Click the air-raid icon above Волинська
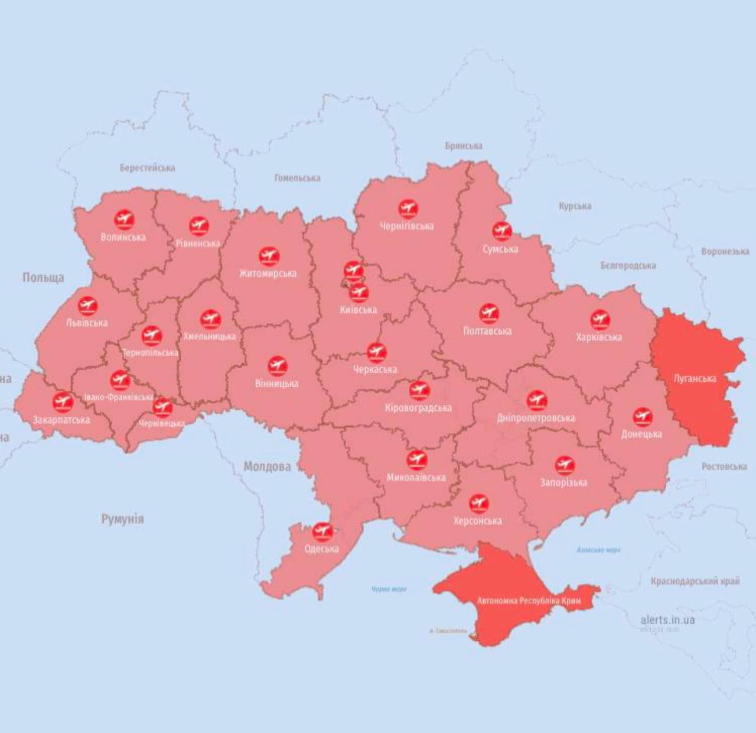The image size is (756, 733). tap(124, 220)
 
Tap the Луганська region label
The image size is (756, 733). tap(695, 378)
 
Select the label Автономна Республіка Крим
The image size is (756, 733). tap(529, 601)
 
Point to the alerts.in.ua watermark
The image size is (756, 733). tap(667, 620)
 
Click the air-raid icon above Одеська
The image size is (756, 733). tap(322, 531)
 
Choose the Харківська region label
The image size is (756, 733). tap(599, 337)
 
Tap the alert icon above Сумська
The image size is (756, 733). tap(501, 231)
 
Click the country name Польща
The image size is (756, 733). tap(43, 277)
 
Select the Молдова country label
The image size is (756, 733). tap(267, 466)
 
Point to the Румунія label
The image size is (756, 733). tap(122, 519)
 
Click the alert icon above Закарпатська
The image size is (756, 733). tap(62, 402)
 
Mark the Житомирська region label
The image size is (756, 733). tap(268, 273)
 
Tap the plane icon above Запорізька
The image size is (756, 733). tap(564, 465)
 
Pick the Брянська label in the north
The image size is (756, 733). tap(464, 145)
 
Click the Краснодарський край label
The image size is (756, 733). tap(695, 581)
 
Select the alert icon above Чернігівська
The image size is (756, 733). tap(408, 208)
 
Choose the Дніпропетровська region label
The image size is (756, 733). tap(536, 417)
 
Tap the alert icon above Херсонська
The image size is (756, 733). tap(478, 504)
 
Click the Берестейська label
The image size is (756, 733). tap(147, 168)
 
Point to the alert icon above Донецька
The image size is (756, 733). tap(642, 417)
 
